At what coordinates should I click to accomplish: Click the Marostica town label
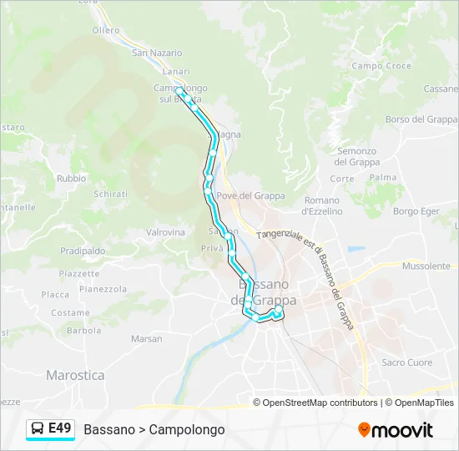coord(75,376)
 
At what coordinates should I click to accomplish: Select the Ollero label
coord(106,30)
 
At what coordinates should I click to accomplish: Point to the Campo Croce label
coord(381,66)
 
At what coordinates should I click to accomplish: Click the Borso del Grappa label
coord(421,119)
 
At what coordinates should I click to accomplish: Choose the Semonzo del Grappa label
coord(357,156)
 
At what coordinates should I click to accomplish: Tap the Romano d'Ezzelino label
coord(322,205)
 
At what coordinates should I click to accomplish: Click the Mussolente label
coord(426,266)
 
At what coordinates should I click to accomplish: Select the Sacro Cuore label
coord(406,362)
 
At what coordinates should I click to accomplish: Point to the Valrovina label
coord(165,232)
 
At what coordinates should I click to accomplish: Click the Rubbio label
coord(71,179)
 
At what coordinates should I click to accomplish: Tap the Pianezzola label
coord(103,289)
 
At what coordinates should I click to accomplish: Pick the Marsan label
coord(146,339)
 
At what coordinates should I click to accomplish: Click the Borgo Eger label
coord(416,212)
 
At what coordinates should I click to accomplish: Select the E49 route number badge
coord(59,428)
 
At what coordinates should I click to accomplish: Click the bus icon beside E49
coord(38,429)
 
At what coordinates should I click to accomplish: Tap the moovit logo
coord(396,430)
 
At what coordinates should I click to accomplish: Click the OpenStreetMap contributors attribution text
coord(320,403)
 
